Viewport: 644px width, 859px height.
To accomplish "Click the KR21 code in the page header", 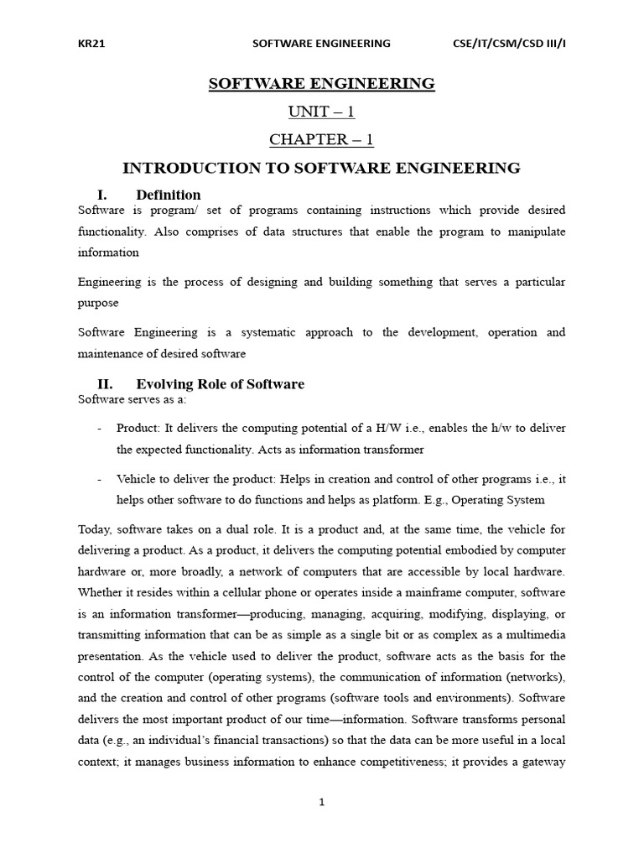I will click(91, 44).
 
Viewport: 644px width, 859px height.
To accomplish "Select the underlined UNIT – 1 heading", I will click(321, 112).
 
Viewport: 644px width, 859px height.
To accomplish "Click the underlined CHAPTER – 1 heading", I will click(321, 139).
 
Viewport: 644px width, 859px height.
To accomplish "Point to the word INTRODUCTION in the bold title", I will click(190, 168).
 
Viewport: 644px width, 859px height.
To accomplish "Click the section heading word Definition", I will click(168, 195).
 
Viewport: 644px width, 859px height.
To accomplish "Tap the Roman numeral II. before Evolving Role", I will click(105, 384).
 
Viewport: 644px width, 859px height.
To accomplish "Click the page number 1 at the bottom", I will click(321, 802).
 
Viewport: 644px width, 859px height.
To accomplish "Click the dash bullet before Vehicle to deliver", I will click(100, 478).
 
